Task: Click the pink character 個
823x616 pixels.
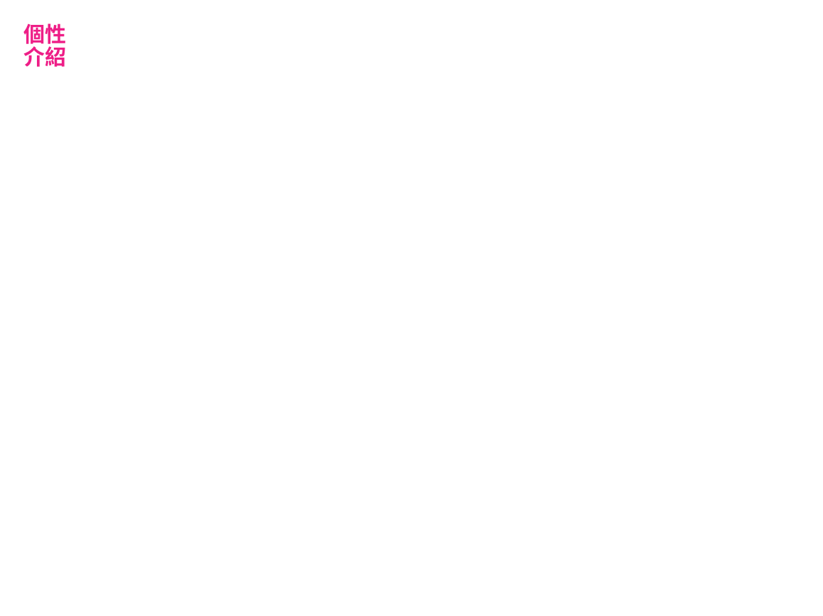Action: [x=33, y=34]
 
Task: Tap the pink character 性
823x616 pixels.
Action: [x=55, y=34]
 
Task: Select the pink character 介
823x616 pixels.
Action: [x=33, y=57]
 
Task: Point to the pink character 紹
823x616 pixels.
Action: [x=55, y=57]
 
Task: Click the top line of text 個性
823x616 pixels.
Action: [x=45, y=34]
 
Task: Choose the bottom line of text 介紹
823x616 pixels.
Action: [x=45, y=57]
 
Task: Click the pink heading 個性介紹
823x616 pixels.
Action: [x=45, y=45]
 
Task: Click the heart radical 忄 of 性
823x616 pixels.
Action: [x=49, y=34]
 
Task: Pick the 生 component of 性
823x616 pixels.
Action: [x=59, y=34]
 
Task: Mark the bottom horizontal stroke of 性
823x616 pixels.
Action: [x=59, y=43]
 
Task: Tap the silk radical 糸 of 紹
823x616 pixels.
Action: [x=49, y=57]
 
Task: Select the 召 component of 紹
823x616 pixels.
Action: [x=60, y=57]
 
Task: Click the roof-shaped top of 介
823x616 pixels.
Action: [x=33, y=50]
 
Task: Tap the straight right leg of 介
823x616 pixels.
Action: [x=38, y=60]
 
